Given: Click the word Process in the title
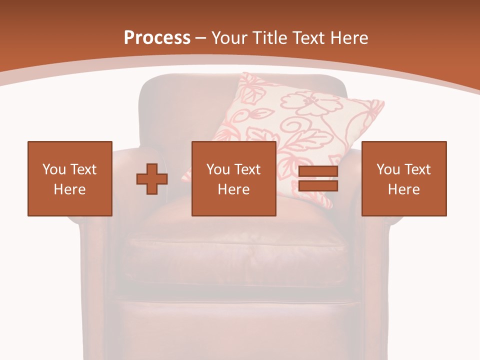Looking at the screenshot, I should (x=157, y=38).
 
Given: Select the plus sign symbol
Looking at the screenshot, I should (x=152, y=179).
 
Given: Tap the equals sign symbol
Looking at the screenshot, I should (x=318, y=179).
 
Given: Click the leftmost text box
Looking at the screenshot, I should (x=69, y=178).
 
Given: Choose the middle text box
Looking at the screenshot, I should (x=233, y=178).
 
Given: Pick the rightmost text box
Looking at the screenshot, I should (x=403, y=178).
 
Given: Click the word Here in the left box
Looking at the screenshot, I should (x=69, y=189).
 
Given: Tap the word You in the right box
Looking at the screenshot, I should (x=388, y=169).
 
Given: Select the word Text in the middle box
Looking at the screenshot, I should (x=247, y=169).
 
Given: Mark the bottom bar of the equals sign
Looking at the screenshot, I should (x=318, y=185).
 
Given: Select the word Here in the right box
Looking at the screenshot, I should (x=403, y=189).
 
